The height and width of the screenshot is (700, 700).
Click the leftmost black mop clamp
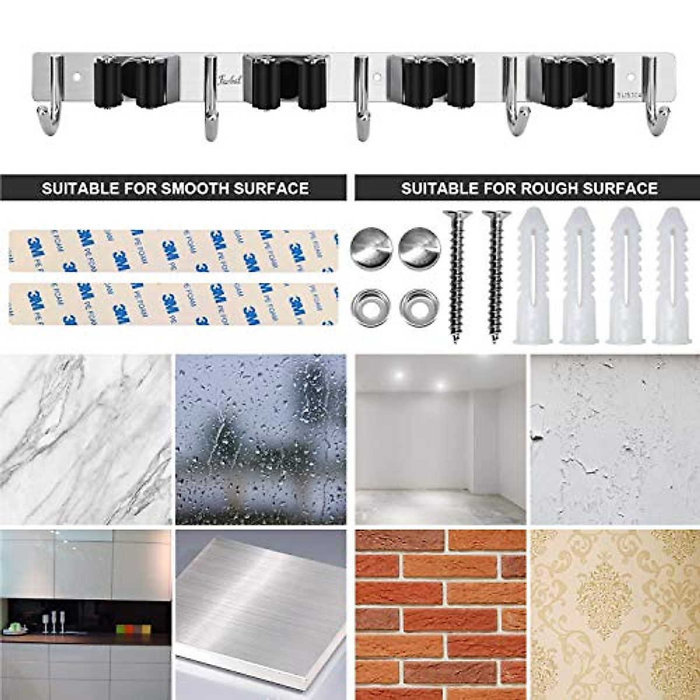(x=129, y=82)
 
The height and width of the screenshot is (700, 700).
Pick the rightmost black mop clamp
(x=577, y=82)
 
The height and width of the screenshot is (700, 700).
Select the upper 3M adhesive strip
(x=173, y=251)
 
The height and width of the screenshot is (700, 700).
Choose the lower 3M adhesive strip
(x=173, y=304)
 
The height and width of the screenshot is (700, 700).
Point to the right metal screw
(x=496, y=274)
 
